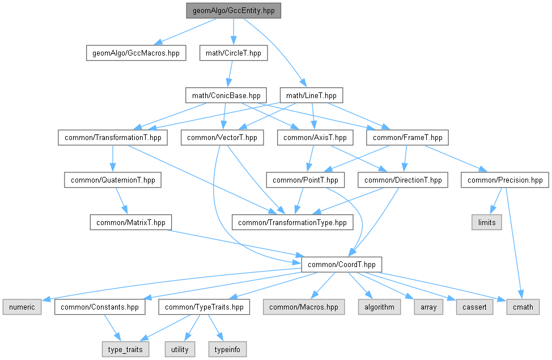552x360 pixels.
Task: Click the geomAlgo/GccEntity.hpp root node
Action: [232, 10]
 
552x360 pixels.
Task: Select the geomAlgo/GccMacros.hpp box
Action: [135, 53]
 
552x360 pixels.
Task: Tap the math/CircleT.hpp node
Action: [233, 53]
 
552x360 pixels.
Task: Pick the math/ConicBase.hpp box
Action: [226, 95]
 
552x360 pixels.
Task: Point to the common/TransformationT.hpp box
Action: [113, 137]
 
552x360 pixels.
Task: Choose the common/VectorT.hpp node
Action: [222, 137]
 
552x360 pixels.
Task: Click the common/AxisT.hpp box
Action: [315, 137]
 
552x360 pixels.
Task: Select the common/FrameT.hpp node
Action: [407, 137]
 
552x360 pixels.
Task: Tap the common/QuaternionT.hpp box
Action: [113, 180]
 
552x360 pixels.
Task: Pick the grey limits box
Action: [486, 222]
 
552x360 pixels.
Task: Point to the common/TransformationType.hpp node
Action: [292, 222]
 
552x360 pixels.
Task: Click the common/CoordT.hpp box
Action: [342, 264]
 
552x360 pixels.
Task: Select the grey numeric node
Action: [21, 307]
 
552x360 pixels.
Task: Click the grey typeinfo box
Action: [228, 349]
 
